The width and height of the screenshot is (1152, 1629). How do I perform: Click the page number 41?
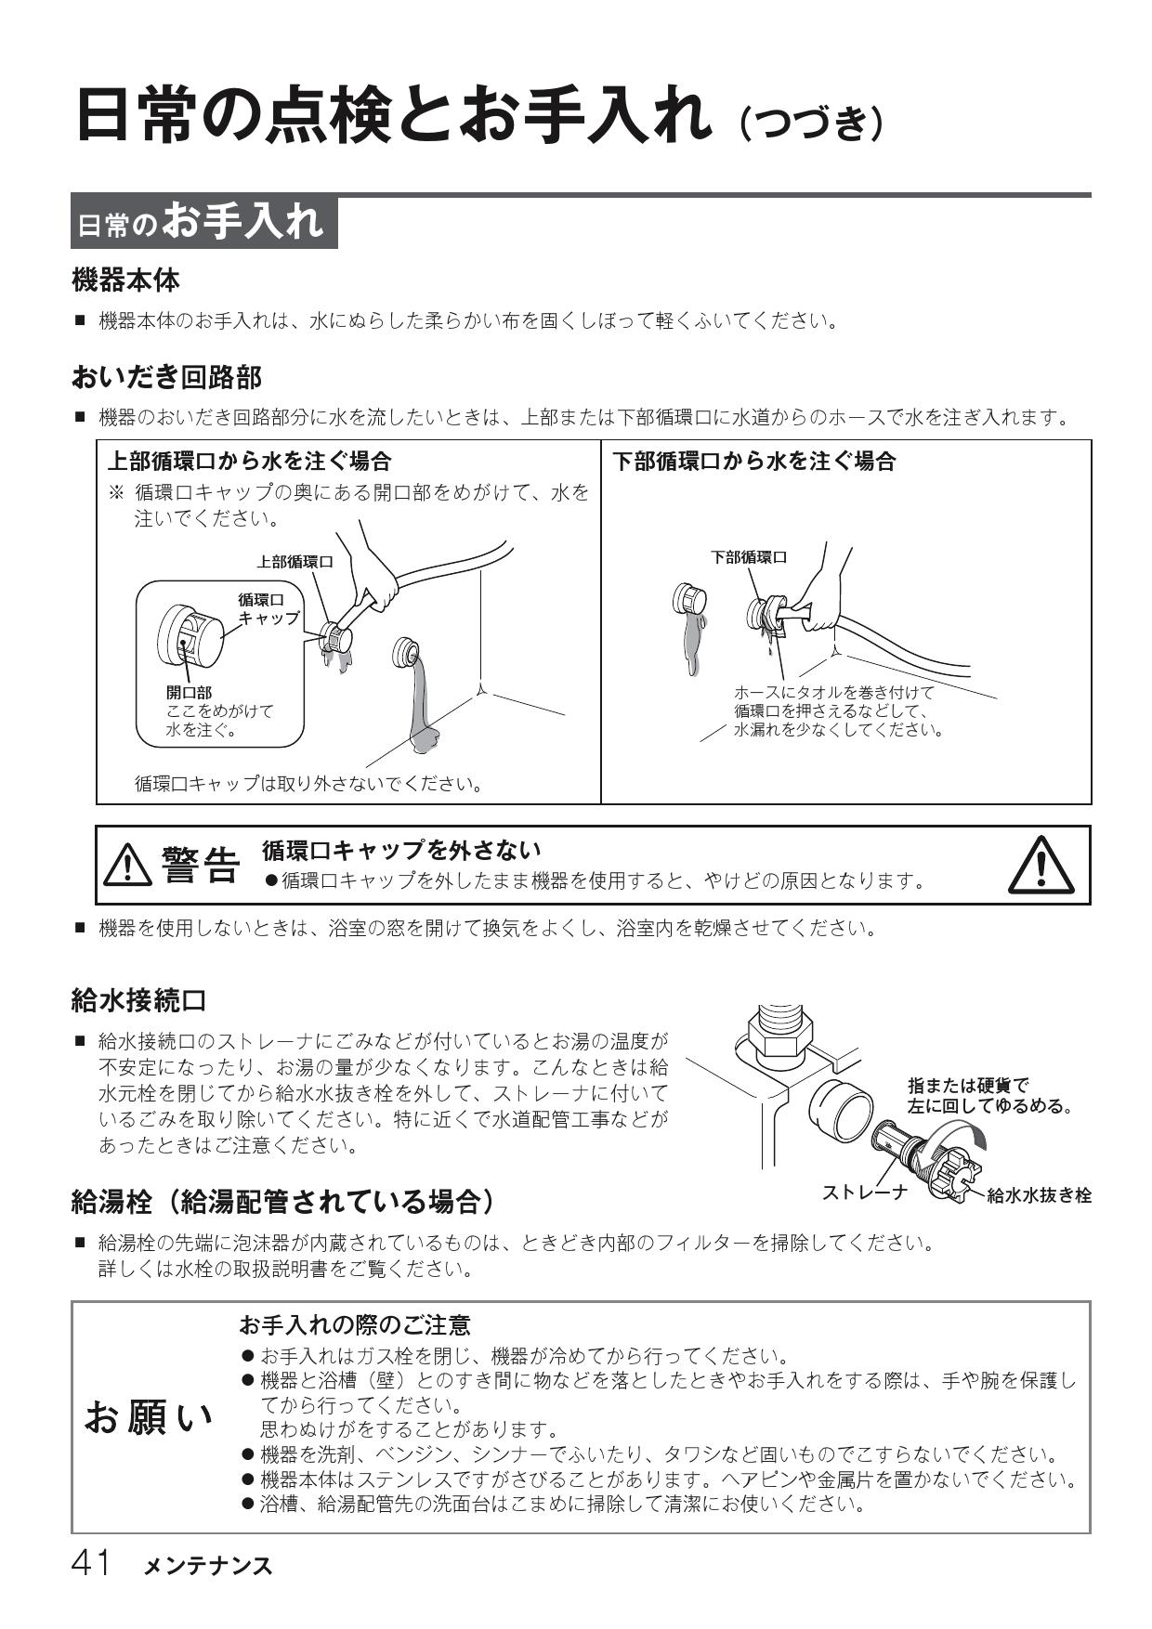tap(91, 1563)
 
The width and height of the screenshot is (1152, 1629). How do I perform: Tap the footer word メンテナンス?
tap(208, 1566)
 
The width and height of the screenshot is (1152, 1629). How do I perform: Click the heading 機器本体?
tap(125, 279)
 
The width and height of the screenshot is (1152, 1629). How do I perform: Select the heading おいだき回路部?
tap(166, 376)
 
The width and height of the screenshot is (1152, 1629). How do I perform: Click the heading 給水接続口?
tap(138, 1000)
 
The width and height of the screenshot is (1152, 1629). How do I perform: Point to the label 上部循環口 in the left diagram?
tap(295, 561)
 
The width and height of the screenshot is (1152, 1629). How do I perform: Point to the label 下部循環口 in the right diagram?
tap(748, 557)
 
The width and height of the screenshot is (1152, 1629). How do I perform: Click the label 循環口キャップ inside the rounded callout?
tap(268, 608)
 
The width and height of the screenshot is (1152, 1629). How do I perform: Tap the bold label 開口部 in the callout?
tap(188, 693)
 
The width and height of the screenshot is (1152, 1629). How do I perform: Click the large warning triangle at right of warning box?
tap(1041, 866)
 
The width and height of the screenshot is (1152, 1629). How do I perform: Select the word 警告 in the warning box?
tap(200, 866)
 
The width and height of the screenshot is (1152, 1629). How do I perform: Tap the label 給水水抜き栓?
tap(1038, 1195)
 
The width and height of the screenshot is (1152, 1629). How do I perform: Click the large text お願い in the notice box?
tap(149, 1417)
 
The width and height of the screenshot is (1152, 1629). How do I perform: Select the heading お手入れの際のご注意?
tap(355, 1324)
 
